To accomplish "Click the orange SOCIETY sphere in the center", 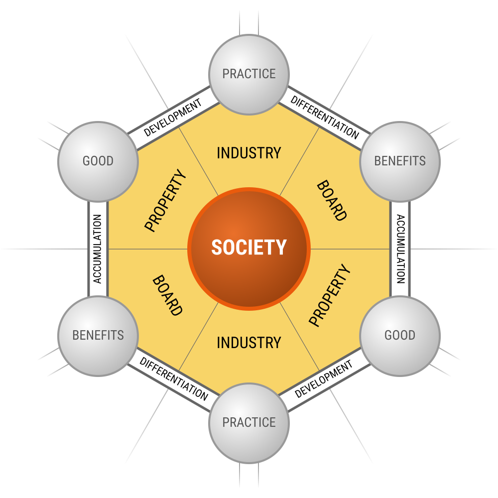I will [x=249, y=248].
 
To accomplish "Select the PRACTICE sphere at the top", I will [x=249, y=74].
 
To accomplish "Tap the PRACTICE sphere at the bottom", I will [x=249, y=422].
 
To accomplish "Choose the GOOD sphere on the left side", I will [x=98, y=161].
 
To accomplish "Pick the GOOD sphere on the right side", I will [x=400, y=335].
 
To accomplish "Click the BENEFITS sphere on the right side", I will [x=400, y=161].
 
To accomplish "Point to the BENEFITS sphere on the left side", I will [x=98, y=335].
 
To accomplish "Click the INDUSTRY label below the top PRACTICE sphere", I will [x=249, y=153].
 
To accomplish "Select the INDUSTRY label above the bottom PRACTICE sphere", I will [x=249, y=343].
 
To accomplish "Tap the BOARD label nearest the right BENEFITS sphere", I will [x=332, y=201].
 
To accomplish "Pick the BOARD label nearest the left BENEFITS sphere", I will [x=167, y=296].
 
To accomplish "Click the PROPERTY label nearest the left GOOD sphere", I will [x=165, y=201].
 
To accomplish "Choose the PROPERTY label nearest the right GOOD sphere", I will [x=330, y=295].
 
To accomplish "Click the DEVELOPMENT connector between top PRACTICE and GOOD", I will [x=173, y=118].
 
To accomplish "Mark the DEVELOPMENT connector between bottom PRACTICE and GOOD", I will [x=324, y=379].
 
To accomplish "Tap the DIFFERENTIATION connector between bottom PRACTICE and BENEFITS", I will [x=173, y=379].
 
